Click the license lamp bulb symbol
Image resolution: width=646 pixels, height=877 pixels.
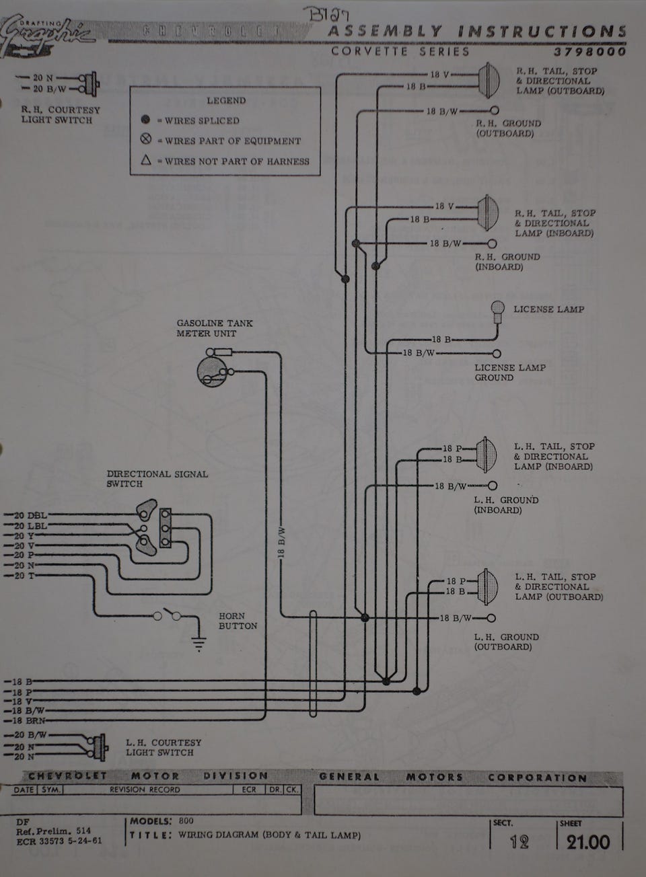point(498,309)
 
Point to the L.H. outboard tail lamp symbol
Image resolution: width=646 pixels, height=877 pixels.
point(485,586)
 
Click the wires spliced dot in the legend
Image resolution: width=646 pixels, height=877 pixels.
point(145,120)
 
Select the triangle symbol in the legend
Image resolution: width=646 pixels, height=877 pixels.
point(145,161)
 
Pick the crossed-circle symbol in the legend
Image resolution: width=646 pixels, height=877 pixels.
point(145,141)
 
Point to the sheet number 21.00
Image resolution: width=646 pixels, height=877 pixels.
point(587,842)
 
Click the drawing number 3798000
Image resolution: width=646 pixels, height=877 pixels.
point(590,52)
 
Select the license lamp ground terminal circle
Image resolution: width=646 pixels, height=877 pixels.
point(497,353)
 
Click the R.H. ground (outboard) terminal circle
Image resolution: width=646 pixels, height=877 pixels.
point(495,110)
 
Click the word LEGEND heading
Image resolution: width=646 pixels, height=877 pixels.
point(226,100)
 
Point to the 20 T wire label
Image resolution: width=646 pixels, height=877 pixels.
point(24,576)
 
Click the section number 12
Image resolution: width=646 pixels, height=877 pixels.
point(519,842)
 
